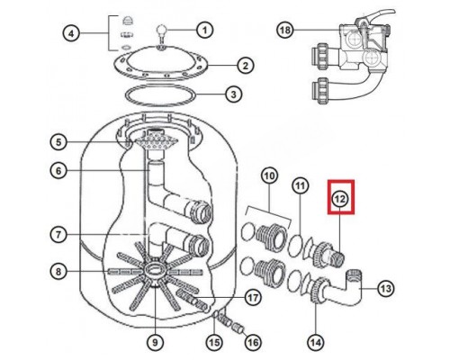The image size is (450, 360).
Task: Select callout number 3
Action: tap(232, 94)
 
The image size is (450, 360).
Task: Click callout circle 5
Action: tap(58, 141)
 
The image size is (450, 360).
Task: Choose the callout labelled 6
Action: tap(58, 170)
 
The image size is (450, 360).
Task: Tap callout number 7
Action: tap(58, 235)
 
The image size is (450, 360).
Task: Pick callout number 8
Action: tap(58, 271)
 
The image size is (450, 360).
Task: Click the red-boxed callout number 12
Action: tap(339, 199)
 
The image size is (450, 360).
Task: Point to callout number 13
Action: tap(387, 289)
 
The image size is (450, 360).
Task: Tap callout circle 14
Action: tap(315, 341)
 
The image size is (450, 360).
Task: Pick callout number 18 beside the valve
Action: tap(285, 30)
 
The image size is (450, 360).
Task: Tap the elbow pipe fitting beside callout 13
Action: tap(346, 289)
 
